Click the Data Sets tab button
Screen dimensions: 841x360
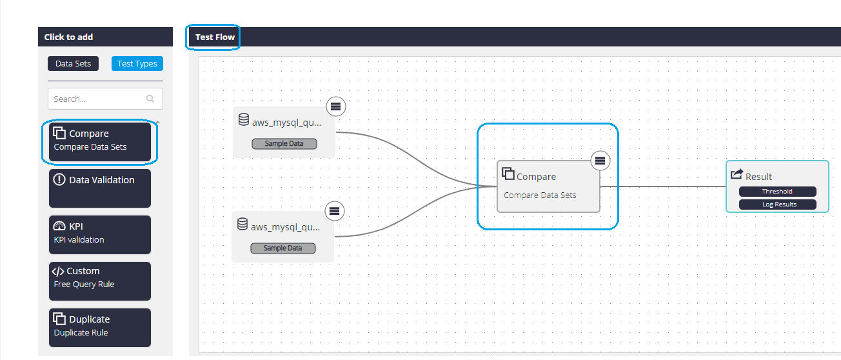tap(74, 63)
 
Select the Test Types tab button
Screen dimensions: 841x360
tap(137, 63)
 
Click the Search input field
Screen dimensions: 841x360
tap(105, 99)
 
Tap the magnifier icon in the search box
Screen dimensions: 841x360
tap(150, 99)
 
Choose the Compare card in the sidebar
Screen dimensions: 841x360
tap(100, 142)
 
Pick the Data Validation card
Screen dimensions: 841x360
tap(100, 188)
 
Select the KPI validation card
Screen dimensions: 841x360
tap(100, 235)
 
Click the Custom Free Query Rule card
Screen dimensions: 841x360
tap(100, 281)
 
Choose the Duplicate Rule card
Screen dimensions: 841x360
tap(100, 328)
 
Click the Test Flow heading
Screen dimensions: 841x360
tap(215, 37)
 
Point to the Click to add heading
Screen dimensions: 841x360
tap(69, 37)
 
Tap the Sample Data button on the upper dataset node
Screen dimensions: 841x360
tap(284, 144)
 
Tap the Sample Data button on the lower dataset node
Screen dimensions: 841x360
tap(283, 248)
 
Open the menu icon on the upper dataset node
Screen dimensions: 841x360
tap(335, 106)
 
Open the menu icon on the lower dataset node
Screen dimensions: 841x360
tap(335, 211)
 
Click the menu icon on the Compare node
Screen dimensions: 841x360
tap(600, 161)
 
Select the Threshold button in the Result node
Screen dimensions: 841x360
tap(778, 192)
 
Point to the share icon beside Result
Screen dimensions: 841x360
tap(737, 174)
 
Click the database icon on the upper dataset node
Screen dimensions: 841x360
tap(244, 119)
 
